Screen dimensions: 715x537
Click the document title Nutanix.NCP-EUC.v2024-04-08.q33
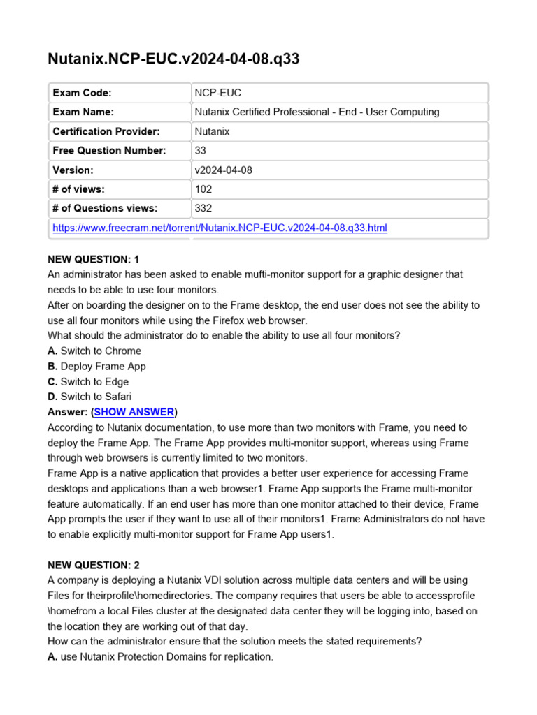(173, 59)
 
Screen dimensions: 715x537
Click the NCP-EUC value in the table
(218, 93)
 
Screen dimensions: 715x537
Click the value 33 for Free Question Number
(201, 150)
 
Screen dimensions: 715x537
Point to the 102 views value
(203, 189)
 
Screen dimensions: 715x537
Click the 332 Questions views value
(203, 208)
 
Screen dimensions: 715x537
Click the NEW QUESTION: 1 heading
(94, 259)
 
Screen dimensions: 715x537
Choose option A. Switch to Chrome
(94, 351)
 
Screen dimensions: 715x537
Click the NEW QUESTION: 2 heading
(94, 565)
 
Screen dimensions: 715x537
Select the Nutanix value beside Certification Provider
(212, 131)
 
